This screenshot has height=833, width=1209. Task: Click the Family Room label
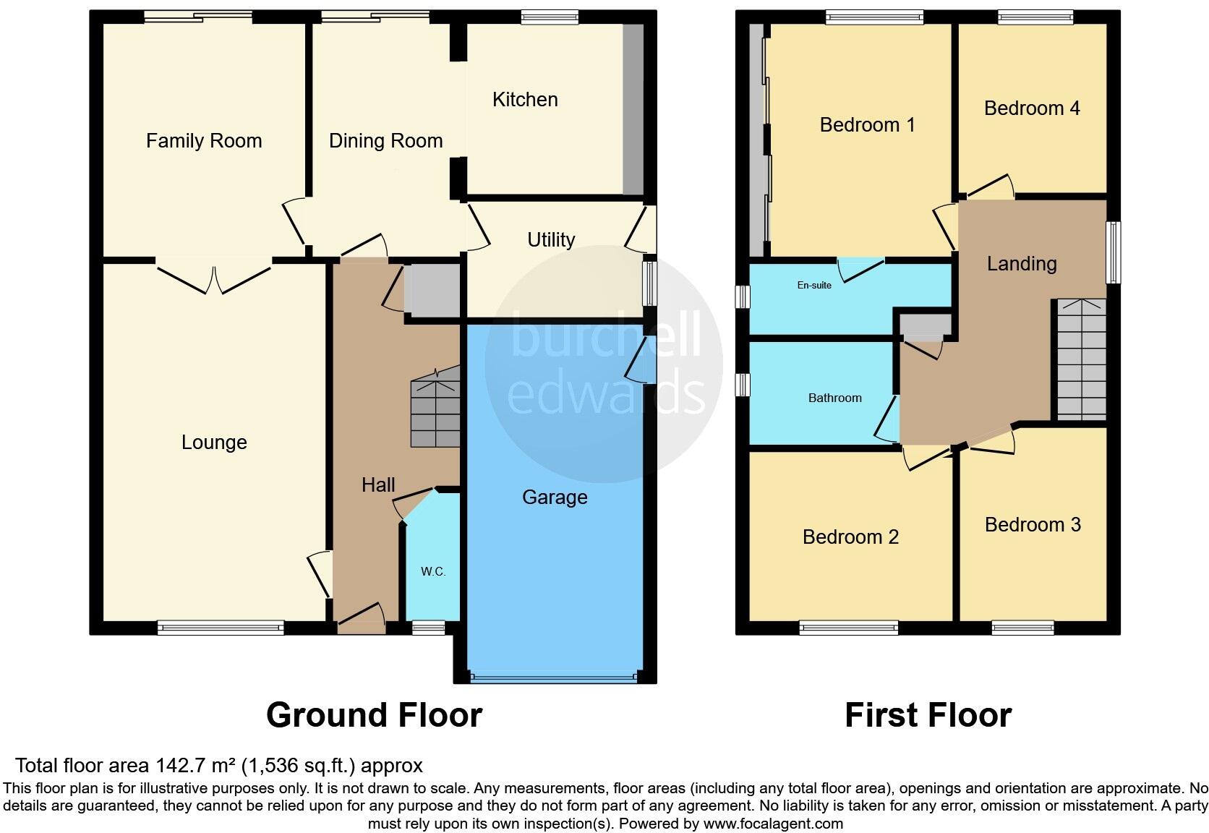[204, 140]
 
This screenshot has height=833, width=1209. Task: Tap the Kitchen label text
[525, 99]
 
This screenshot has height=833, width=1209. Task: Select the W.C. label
[433, 571]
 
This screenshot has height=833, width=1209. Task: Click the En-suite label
[814, 285]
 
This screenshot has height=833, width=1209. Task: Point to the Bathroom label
[834, 398]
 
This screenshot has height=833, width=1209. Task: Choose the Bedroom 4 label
[1032, 108]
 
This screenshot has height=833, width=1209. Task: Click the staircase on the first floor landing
[1082, 359]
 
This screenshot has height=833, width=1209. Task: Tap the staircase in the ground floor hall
[435, 407]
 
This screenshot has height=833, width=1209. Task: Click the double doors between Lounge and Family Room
[214, 278]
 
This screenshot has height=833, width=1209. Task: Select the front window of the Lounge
[221, 628]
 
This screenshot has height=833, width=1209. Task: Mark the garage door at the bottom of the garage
[554, 678]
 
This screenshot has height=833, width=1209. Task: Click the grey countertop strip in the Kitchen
[633, 109]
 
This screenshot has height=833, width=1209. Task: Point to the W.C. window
[429, 628]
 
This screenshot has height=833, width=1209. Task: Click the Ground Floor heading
[374, 715]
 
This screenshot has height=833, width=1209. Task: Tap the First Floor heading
[928, 715]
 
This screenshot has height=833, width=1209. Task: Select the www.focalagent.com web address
[773, 823]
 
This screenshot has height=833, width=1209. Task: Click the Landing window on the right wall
[1114, 252]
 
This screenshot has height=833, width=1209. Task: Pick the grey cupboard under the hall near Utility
[432, 291]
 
